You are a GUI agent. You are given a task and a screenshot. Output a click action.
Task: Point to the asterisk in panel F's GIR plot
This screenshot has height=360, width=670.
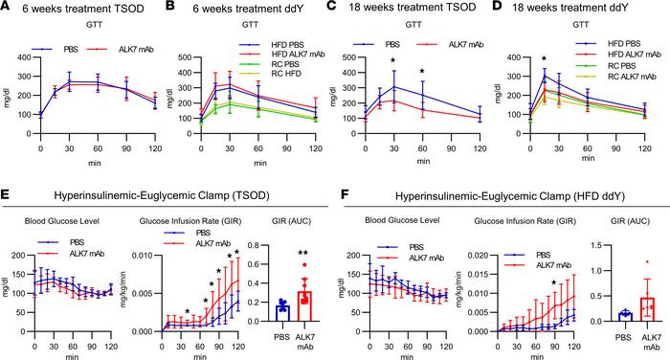553,283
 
